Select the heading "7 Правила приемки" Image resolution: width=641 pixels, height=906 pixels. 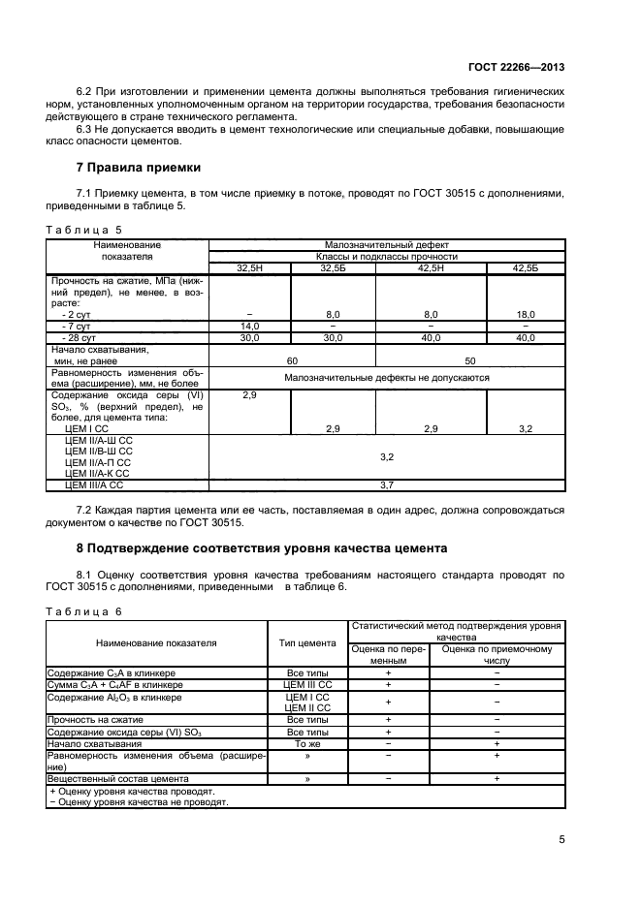[x=131, y=167]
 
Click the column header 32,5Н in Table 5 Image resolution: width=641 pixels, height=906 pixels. [x=250, y=267]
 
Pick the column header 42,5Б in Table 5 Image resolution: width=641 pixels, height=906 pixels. [x=526, y=267]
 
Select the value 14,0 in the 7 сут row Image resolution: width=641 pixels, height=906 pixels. [x=250, y=327]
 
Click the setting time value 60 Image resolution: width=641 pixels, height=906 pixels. [x=292, y=359]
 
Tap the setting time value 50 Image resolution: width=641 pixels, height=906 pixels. [x=470, y=359]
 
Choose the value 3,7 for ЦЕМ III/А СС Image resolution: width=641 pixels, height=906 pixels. [x=387, y=484]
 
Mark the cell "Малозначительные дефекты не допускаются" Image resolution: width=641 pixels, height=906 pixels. [x=387, y=378]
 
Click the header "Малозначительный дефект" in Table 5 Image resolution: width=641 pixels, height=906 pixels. [x=387, y=246]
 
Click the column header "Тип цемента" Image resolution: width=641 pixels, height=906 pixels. [x=307, y=642]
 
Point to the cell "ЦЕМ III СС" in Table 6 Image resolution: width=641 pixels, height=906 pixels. [x=307, y=684]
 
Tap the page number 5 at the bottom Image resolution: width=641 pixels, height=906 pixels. [x=561, y=839]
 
